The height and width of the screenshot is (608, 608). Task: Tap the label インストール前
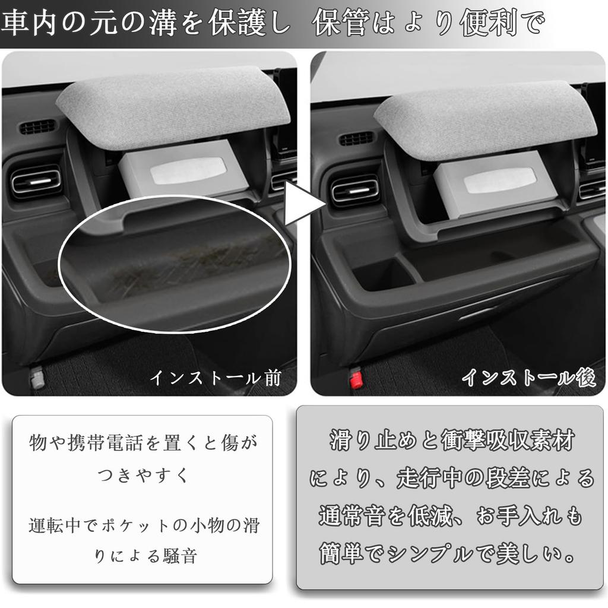tap(215, 378)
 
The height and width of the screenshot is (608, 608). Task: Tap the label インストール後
tap(528, 378)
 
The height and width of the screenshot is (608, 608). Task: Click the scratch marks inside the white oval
tap(178, 267)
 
